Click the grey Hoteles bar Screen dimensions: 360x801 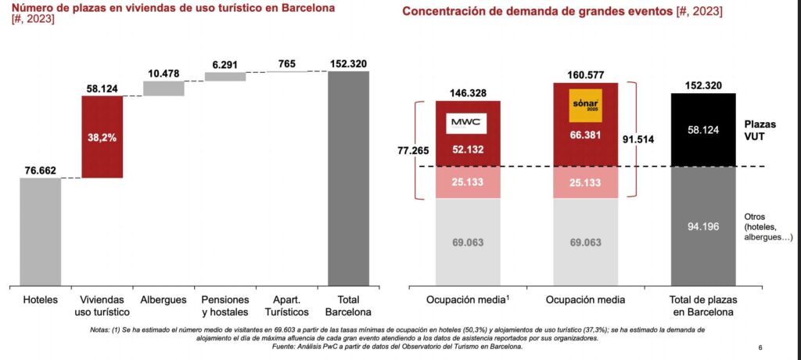(x=41, y=231)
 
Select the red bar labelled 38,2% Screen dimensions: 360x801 (x=102, y=137)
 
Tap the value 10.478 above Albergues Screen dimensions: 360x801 (x=163, y=74)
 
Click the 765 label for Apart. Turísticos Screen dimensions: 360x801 (x=287, y=63)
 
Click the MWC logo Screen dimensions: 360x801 (x=468, y=124)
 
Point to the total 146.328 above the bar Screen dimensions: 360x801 (x=468, y=92)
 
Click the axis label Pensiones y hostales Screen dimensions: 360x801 (x=225, y=306)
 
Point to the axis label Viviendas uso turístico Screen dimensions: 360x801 (x=102, y=306)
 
